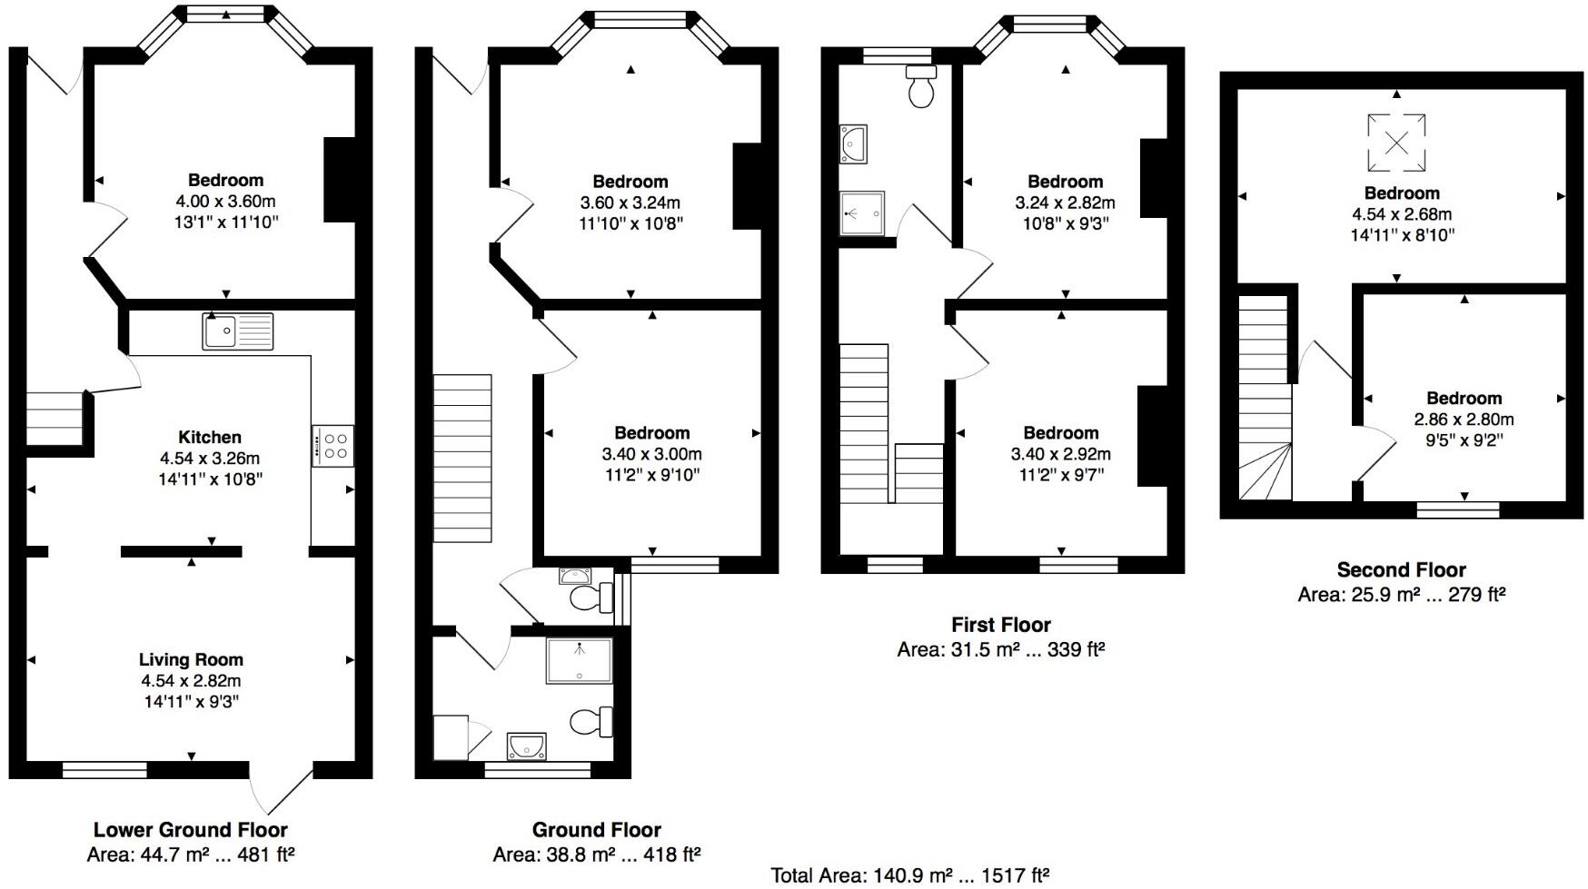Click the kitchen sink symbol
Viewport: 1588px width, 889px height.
tap(237, 331)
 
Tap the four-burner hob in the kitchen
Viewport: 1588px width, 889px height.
tap(332, 446)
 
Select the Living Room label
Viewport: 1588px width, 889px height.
tap(191, 660)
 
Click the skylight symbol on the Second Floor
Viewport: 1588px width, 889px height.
tap(1396, 143)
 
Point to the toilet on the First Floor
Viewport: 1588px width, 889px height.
tap(921, 88)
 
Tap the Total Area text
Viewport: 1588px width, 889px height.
tap(910, 875)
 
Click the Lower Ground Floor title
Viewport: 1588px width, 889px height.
tap(190, 830)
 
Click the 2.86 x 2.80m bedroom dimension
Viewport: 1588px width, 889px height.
tap(1464, 420)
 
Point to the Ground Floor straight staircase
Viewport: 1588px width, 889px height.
tap(462, 459)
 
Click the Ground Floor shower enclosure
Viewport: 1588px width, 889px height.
tap(579, 660)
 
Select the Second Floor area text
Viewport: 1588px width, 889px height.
tap(1401, 596)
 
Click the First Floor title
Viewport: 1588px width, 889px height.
tap(1000, 625)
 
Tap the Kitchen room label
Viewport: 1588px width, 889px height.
tap(210, 437)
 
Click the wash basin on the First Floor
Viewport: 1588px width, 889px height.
tap(854, 143)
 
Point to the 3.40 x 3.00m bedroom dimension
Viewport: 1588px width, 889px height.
tap(651, 454)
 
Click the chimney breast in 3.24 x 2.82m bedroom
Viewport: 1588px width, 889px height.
tap(1153, 178)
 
